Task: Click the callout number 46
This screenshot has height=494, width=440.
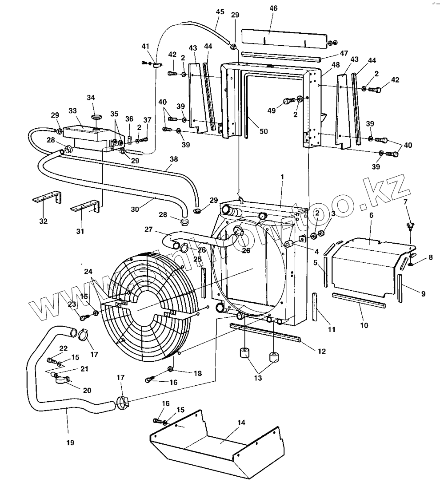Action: point(273,8)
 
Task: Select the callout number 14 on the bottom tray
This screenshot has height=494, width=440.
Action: point(240,423)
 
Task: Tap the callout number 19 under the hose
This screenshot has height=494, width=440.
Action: point(70,442)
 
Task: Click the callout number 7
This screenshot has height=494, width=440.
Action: point(405,202)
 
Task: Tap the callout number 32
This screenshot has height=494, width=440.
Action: point(43,221)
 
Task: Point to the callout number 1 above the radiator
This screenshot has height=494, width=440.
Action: point(282,177)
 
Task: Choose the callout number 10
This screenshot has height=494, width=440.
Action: point(364,325)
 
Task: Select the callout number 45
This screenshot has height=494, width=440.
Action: point(220,12)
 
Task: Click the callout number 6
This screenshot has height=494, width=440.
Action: point(371,215)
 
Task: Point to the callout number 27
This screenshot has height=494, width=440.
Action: point(148,229)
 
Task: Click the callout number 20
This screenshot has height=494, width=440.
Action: point(87,390)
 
